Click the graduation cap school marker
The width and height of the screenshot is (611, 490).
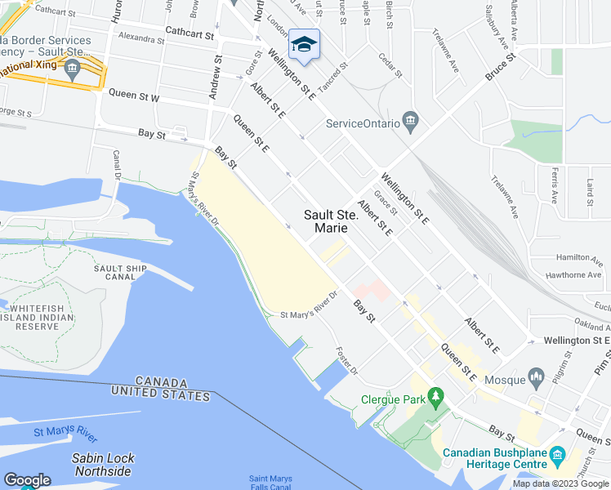(x=304, y=45)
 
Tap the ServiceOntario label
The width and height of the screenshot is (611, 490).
(x=362, y=123)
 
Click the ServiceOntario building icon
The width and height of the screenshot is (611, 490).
(x=411, y=122)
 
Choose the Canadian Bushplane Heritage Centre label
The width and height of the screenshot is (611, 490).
(x=494, y=458)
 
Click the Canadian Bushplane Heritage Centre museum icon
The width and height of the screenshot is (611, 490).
(x=558, y=454)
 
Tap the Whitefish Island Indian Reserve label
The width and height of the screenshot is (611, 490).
(x=41, y=315)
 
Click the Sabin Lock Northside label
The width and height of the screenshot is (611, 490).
(x=103, y=465)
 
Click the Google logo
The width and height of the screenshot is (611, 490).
(x=27, y=480)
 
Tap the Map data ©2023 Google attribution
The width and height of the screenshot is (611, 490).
(x=561, y=483)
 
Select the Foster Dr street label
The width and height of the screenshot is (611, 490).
(x=348, y=361)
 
